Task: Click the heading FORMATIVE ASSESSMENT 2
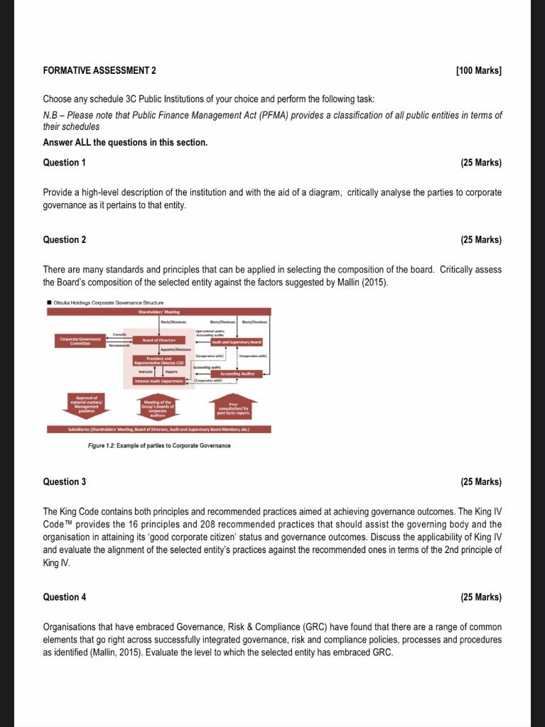(99, 71)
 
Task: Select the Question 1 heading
(65, 163)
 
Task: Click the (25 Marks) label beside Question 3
(481, 482)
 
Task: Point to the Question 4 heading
(65, 597)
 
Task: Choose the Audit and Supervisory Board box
(237, 342)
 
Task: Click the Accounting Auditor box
(237, 373)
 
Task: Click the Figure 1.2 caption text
(158, 445)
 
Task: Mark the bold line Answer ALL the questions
(125, 142)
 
